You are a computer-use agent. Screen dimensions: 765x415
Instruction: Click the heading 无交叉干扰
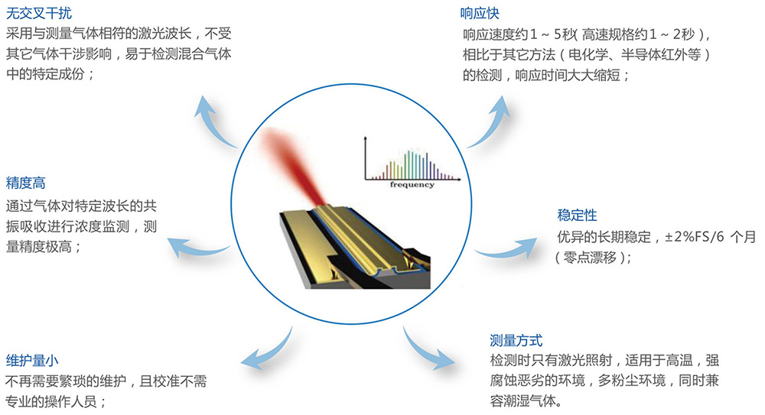coord(39,13)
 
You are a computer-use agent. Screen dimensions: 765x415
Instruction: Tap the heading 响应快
coord(480,13)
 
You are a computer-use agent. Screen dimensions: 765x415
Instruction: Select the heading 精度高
coord(25,183)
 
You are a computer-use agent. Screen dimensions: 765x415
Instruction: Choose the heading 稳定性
coord(577,215)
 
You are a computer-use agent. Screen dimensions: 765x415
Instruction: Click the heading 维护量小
coord(32,361)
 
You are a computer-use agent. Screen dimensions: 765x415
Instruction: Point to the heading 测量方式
coord(516,340)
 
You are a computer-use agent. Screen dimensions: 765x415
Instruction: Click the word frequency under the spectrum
coord(412,184)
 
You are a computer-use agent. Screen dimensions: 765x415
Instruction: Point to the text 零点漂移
coord(591,257)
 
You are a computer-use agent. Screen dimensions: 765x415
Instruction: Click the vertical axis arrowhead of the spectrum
coord(365,139)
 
